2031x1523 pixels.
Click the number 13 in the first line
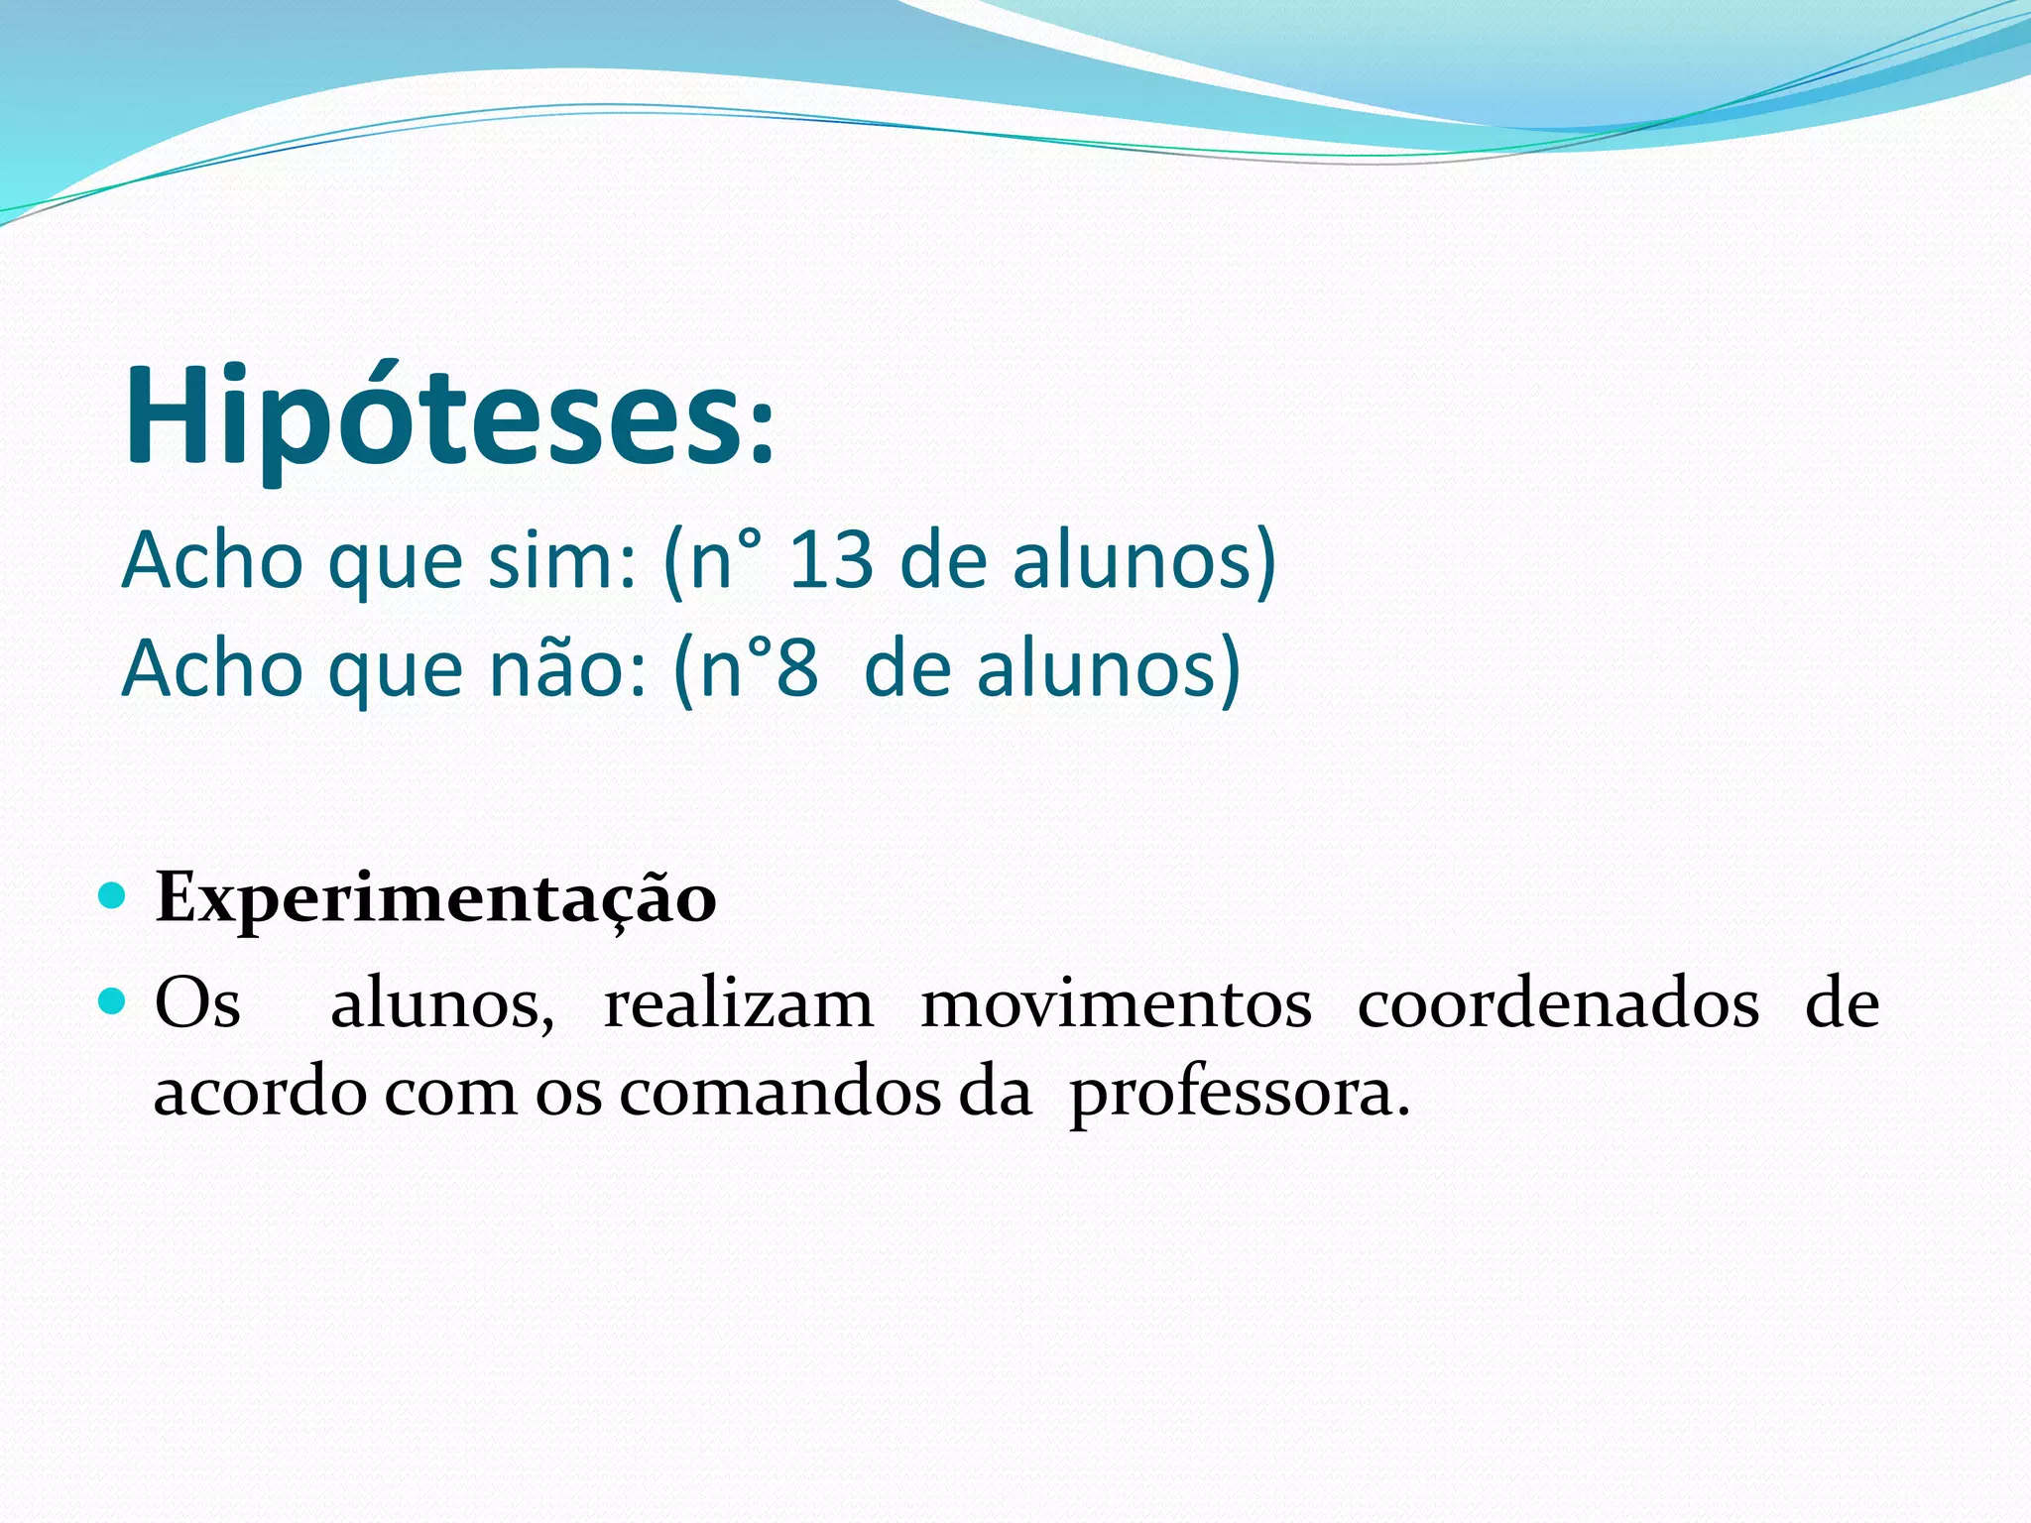click(x=831, y=561)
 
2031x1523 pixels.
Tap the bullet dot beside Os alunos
click(x=113, y=1001)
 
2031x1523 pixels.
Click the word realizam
click(x=738, y=1003)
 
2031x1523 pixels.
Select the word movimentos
click(x=1116, y=1003)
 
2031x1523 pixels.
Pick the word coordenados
click(x=1558, y=1003)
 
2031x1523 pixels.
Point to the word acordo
click(x=260, y=1093)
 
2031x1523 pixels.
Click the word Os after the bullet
click(x=197, y=1003)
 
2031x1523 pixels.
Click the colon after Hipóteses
click(x=762, y=436)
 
